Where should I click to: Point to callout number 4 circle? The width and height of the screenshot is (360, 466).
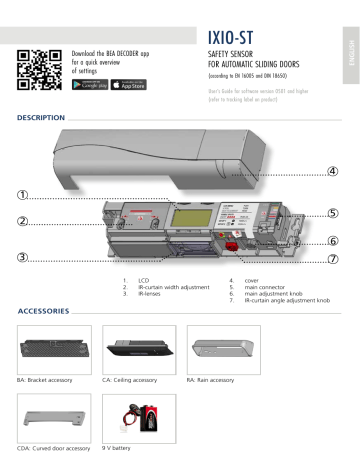point(332,170)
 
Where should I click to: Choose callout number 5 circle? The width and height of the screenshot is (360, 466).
point(332,213)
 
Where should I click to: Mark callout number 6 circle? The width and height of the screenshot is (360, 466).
point(332,241)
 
